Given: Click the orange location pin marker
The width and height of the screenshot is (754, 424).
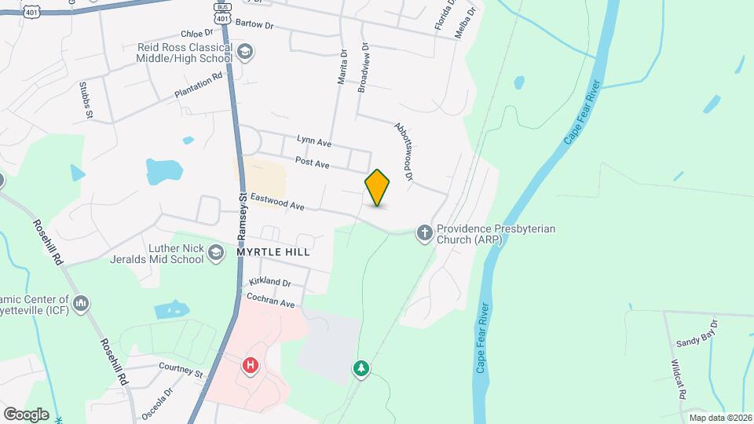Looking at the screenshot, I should (x=377, y=187).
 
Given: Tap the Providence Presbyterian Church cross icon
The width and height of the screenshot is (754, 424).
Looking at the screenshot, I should (x=424, y=232).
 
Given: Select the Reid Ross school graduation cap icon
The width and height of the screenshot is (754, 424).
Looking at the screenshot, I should (x=246, y=52).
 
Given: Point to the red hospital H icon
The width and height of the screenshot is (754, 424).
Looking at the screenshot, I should (x=251, y=365).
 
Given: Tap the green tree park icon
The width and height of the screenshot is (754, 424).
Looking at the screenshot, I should (x=361, y=367).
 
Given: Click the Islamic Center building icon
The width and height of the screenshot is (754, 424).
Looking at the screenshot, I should (x=80, y=303).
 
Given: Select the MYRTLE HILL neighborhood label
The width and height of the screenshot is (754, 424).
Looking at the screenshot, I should (x=273, y=253).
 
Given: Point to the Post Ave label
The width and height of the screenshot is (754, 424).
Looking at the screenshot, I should (x=312, y=162).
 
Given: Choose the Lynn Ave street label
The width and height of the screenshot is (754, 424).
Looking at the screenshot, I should (x=314, y=141).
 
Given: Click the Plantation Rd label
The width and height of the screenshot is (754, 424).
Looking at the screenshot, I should (x=199, y=86).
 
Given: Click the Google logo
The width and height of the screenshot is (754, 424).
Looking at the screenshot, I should (x=26, y=414).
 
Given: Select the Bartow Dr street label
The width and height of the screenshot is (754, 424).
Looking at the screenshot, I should (x=253, y=25).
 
